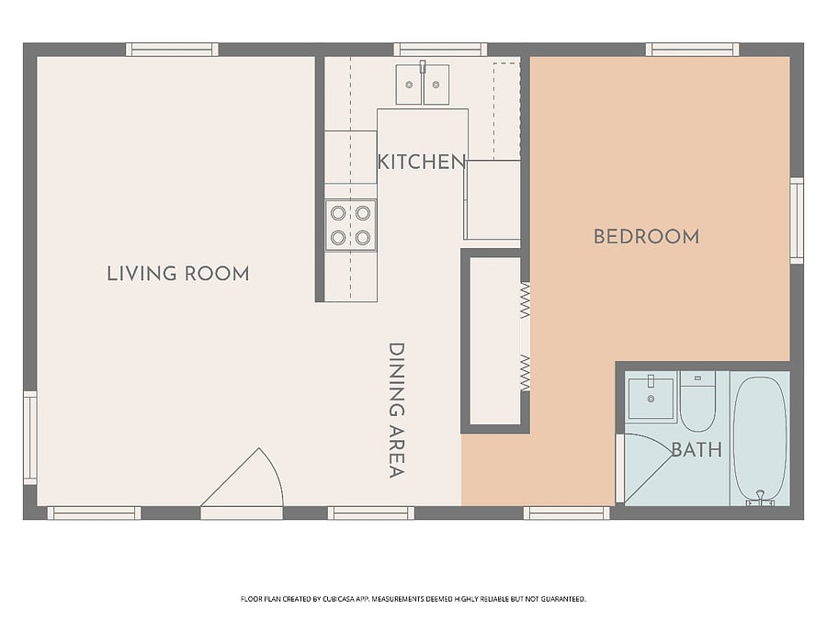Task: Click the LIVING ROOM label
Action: [x=178, y=274]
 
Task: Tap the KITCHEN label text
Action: [x=422, y=162]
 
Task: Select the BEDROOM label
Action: [x=647, y=237]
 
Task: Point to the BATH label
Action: [x=697, y=450]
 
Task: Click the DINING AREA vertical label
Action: [x=397, y=411]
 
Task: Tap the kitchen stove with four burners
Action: [x=351, y=226]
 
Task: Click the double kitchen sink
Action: [x=423, y=85]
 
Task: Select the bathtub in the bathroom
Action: [x=760, y=439]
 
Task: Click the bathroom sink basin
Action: [x=651, y=399]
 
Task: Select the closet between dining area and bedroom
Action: [x=495, y=341]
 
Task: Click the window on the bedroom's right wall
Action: [x=797, y=220]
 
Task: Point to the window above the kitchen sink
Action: [x=440, y=50]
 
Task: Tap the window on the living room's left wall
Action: [x=30, y=437]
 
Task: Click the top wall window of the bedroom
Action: [x=693, y=50]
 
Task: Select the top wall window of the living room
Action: [x=172, y=50]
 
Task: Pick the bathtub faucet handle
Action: [x=760, y=497]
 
